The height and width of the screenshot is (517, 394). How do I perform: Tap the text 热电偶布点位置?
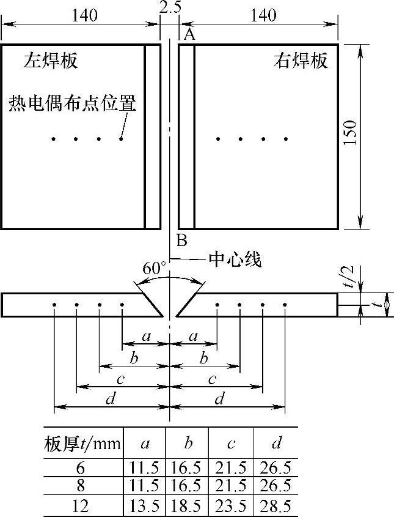click(72, 102)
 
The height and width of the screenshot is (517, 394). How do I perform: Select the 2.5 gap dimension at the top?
click(169, 7)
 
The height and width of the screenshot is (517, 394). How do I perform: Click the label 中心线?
click(235, 259)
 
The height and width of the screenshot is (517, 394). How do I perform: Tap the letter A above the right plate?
click(189, 35)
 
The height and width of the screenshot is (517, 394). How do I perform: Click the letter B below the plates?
click(181, 239)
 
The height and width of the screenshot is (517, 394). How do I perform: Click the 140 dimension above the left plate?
click(84, 15)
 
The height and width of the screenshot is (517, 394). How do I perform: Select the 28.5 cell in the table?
click(274, 506)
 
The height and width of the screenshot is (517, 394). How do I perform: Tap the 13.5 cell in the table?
click(144, 506)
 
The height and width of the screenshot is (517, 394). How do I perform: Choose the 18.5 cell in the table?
click(187, 506)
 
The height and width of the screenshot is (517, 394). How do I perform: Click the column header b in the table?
click(187, 443)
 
